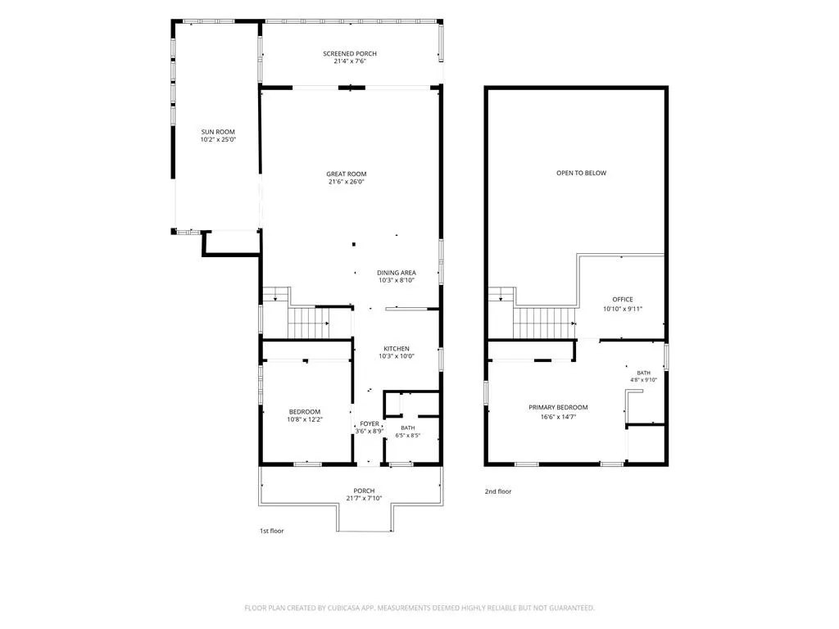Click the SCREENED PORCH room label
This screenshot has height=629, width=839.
pos(349,53)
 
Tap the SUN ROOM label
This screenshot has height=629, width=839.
pos(218,132)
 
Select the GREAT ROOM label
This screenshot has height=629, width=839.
pos(347,174)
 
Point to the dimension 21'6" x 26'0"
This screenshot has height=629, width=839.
pos(347,182)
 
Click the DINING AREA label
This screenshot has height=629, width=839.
pos(397,273)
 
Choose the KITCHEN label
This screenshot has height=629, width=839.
pos(397,349)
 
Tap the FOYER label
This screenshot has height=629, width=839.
pos(370,423)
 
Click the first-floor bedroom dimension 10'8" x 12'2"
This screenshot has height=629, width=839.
pos(305,420)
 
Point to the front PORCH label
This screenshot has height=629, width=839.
pos(364,491)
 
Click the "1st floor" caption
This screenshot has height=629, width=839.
pos(272,531)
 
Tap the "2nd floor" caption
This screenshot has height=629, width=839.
pos(498,491)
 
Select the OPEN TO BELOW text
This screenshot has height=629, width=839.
pos(582,173)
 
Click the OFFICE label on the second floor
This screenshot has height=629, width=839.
pos(623,300)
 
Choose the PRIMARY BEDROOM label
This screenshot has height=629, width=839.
pos(558,408)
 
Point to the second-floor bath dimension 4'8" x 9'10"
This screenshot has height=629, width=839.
pos(644,380)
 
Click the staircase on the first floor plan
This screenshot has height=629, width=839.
pos(309,323)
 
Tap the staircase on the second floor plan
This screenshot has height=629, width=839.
pos(544,323)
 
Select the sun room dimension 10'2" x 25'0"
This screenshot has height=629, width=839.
pos(218,139)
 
